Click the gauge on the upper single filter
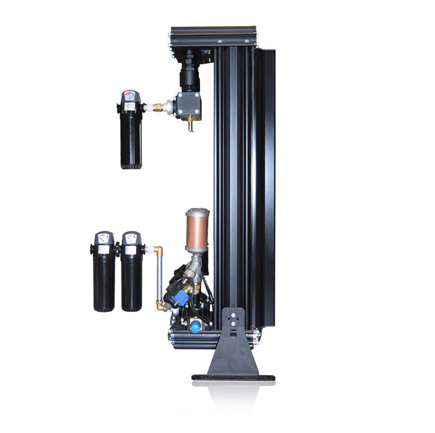[130, 96]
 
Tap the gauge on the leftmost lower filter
[103, 238]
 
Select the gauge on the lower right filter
[131, 238]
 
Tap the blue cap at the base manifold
[195, 327]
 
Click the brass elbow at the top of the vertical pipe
[159, 251]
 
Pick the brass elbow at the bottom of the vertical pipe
[160, 304]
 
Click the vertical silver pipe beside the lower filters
[159, 278]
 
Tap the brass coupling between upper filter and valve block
[158, 107]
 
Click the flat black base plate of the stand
[232, 377]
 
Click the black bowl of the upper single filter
[131, 142]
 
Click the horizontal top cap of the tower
[213, 32]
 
